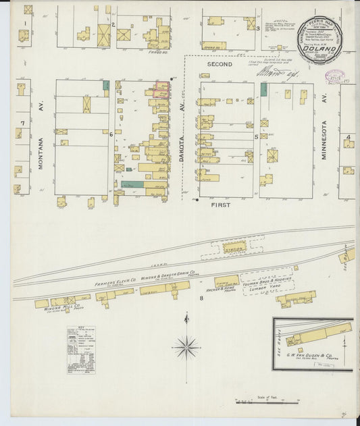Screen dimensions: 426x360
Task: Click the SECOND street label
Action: tap(220, 64)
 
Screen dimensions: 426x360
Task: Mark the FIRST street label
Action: tap(220, 205)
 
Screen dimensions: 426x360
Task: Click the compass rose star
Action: tap(186, 347)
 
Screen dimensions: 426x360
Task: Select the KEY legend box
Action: tap(80, 349)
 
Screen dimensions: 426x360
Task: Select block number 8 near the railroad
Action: tap(201, 298)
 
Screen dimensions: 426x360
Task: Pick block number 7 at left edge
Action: tap(22, 123)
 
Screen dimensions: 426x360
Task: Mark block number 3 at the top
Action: tap(257, 28)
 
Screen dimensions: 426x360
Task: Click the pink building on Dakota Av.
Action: tap(161, 89)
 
